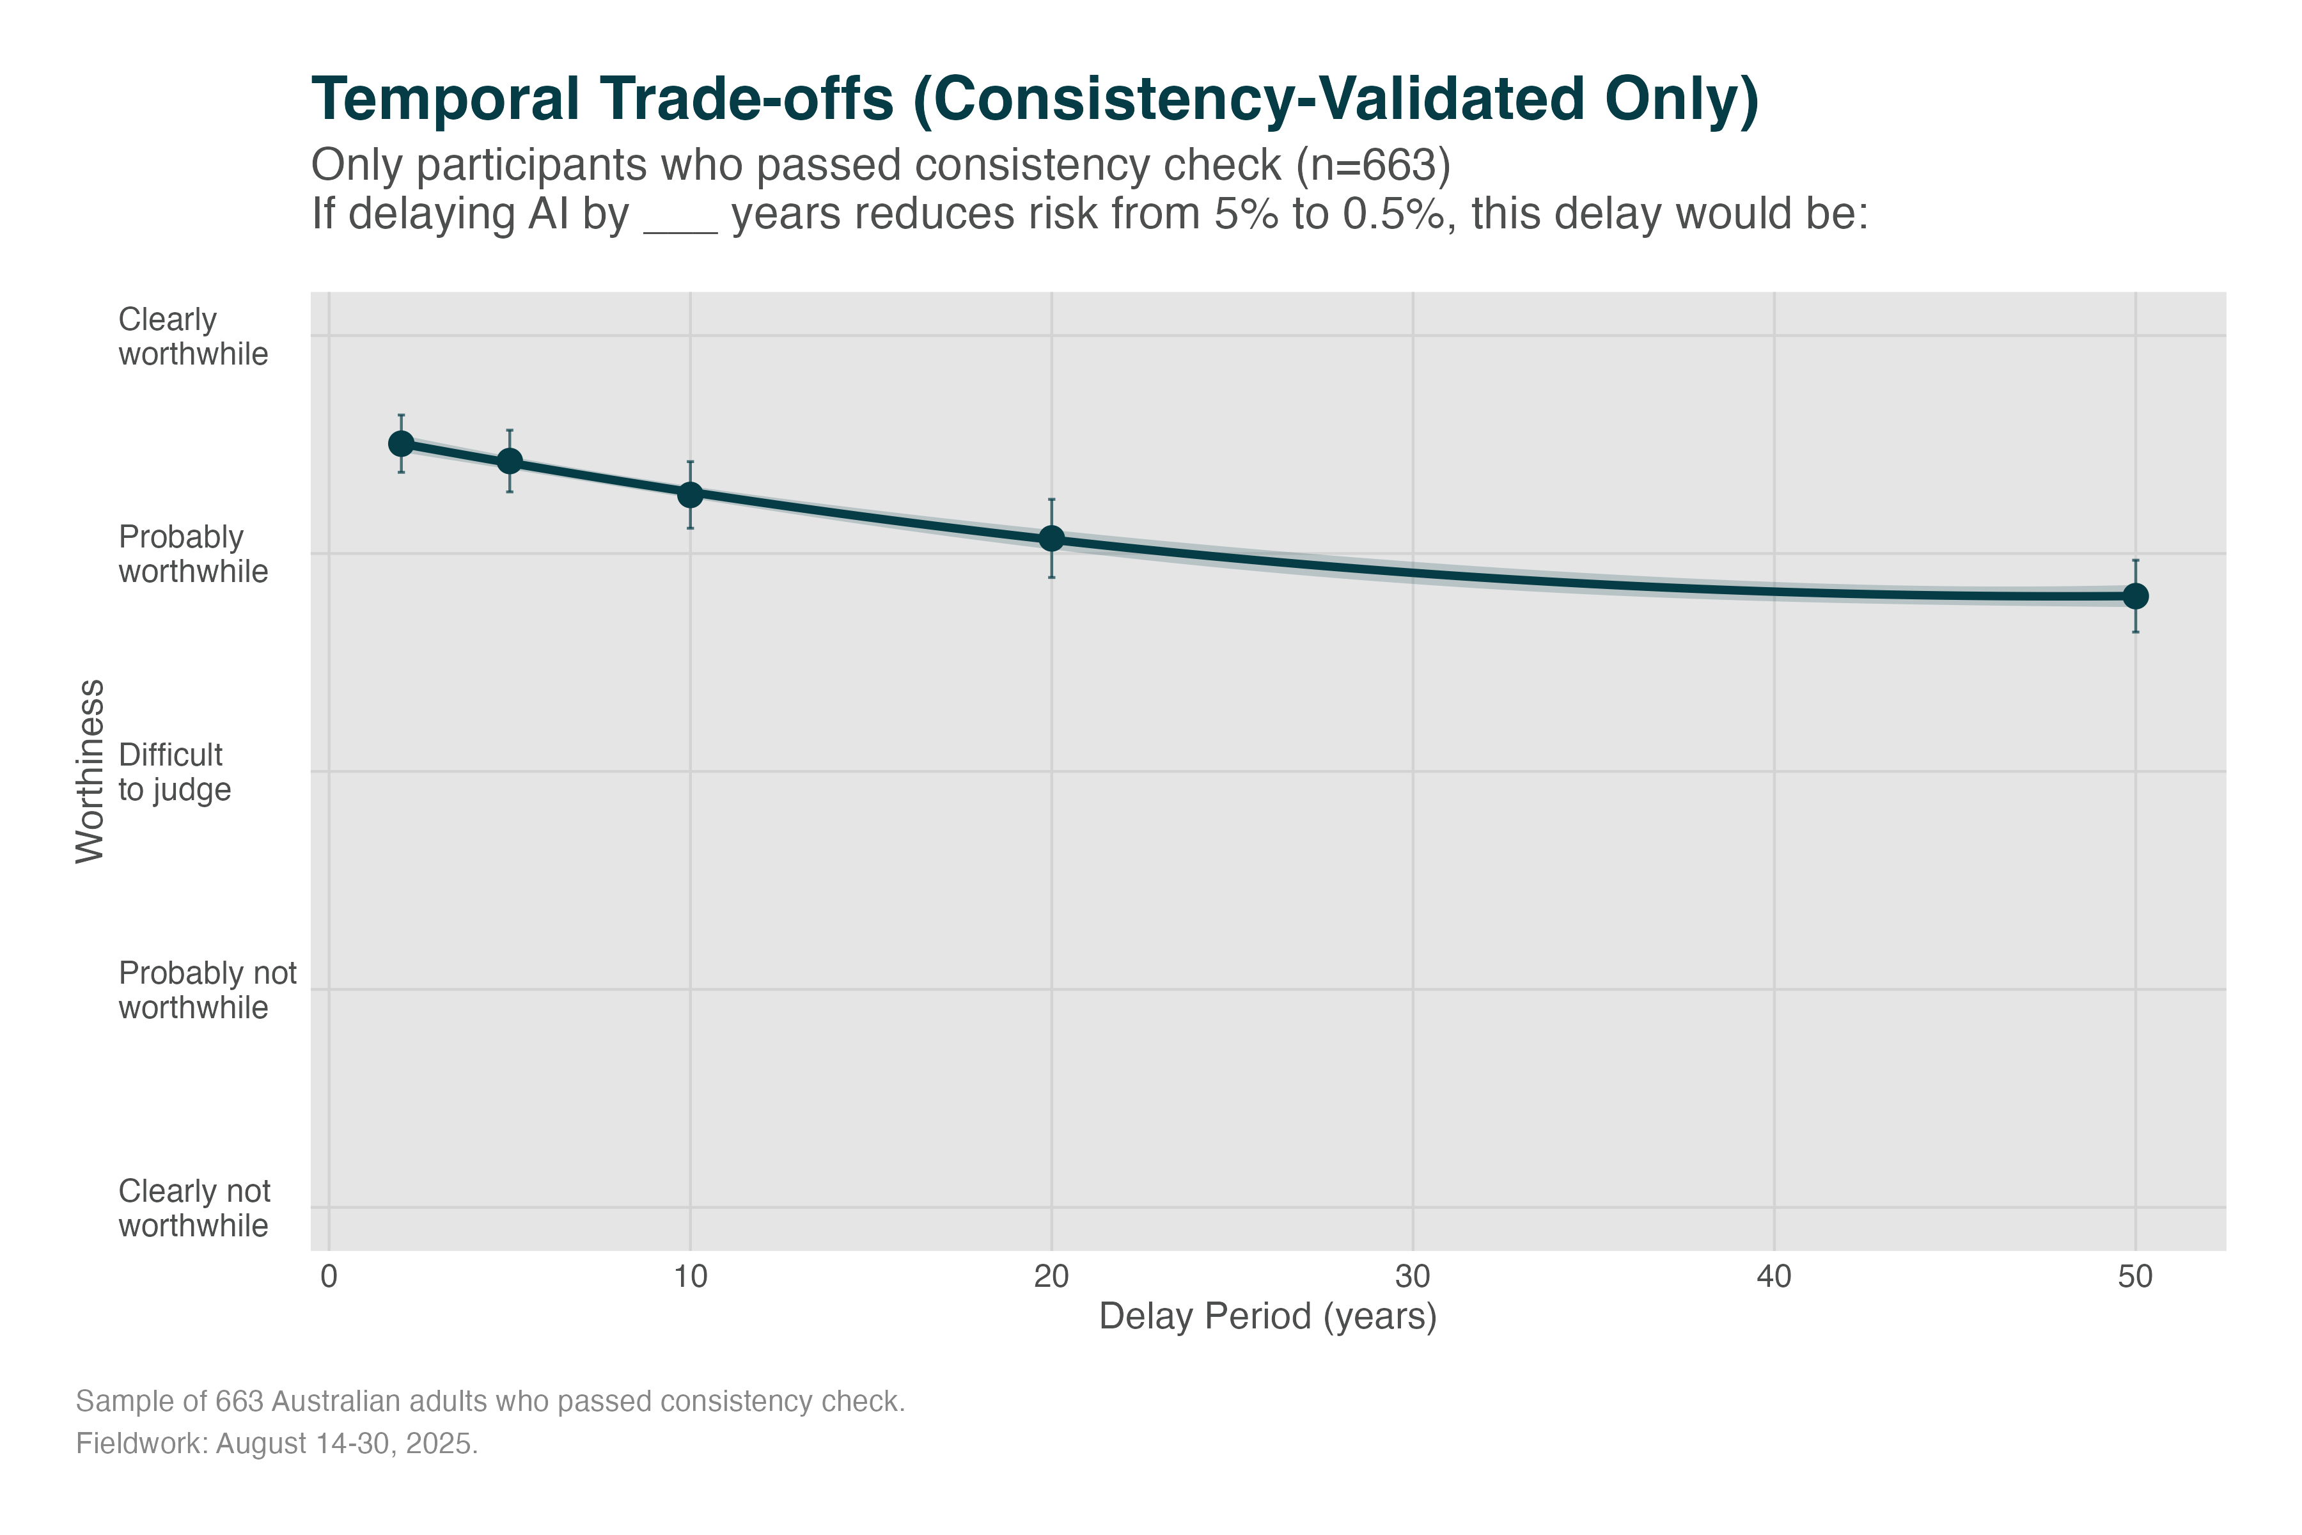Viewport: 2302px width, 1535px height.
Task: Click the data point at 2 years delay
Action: click(402, 443)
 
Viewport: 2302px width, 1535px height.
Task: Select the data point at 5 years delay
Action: click(510, 460)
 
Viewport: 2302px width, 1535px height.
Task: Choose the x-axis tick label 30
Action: click(1413, 1277)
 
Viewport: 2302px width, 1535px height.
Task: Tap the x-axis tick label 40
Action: click(1773, 1277)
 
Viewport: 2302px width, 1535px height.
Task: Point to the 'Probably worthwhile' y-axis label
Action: click(193, 554)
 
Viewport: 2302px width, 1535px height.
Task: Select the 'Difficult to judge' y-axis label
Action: click(174, 773)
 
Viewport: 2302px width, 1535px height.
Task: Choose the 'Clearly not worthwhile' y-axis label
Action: click(194, 1208)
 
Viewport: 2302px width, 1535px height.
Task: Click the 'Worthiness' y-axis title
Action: click(90, 771)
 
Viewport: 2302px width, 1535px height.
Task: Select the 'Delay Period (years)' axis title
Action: click(1267, 1317)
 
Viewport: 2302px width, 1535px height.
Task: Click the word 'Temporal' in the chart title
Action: click(445, 100)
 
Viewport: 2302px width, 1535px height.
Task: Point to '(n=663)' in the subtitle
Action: click(1373, 166)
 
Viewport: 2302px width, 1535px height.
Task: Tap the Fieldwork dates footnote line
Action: click(277, 1444)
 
